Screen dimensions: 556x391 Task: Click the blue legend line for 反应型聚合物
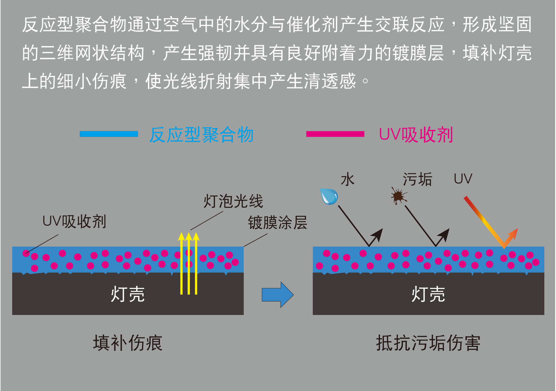[x=109, y=134]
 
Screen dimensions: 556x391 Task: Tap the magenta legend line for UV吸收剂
[x=335, y=134]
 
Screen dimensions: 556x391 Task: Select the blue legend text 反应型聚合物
[x=202, y=135]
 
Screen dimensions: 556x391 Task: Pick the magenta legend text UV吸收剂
[x=416, y=135]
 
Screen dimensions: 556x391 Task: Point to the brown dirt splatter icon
[x=399, y=196]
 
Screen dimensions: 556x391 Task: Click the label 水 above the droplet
[x=348, y=179]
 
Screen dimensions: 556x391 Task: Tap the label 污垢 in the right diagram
[x=417, y=179]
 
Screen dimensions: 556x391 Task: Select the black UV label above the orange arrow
[x=463, y=179]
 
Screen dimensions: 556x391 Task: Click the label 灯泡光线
[x=233, y=201]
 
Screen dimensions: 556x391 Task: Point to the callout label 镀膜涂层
[x=277, y=222]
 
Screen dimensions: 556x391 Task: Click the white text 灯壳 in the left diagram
[x=128, y=294]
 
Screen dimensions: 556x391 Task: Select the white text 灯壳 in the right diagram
[x=428, y=294]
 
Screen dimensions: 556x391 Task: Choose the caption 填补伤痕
[x=128, y=343]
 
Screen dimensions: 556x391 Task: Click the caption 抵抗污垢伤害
[x=428, y=343]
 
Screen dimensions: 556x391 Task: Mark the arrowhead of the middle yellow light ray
[x=189, y=236]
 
